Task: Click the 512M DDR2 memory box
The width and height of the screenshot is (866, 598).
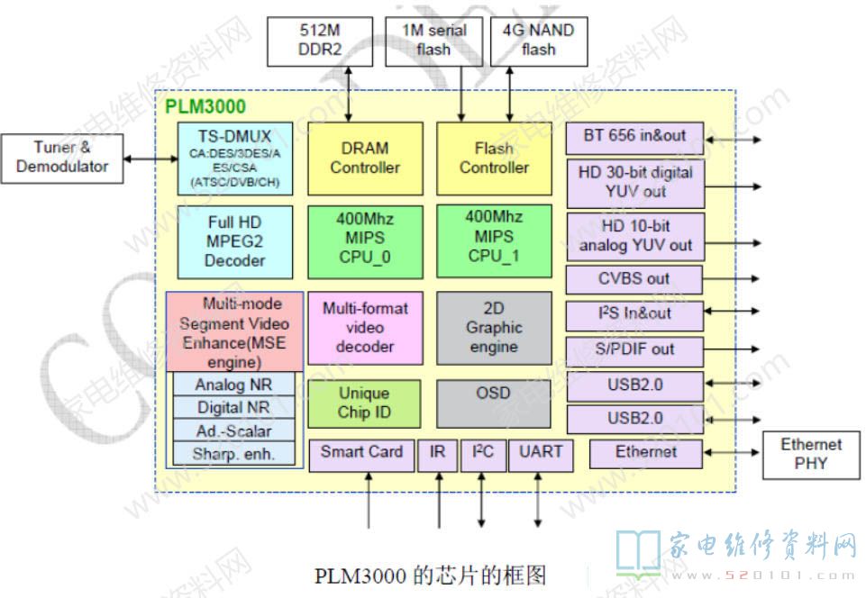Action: click(x=306, y=41)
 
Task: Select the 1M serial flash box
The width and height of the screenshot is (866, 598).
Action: click(x=433, y=41)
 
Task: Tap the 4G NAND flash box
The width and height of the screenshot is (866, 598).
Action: click(x=538, y=41)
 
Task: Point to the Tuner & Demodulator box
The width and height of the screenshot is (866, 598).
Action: click(x=61, y=157)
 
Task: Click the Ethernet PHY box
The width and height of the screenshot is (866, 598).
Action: click(x=810, y=454)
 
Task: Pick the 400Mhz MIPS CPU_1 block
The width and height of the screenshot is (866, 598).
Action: click(x=493, y=238)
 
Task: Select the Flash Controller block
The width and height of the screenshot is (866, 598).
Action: click(x=493, y=158)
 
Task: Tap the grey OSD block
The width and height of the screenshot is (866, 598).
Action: click(x=493, y=403)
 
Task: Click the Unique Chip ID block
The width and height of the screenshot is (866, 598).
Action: click(x=364, y=403)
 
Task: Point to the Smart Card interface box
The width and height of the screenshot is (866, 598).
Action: click(x=361, y=453)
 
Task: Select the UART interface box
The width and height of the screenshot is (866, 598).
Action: click(x=540, y=453)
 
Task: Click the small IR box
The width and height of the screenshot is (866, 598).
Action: click(x=438, y=453)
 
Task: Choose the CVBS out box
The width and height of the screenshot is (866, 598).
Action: click(x=634, y=279)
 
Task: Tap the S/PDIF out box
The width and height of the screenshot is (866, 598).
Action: click(x=634, y=349)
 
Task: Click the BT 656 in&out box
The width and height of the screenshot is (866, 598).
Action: click(x=634, y=137)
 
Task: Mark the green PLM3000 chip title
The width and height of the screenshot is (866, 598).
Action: click(x=205, y=107)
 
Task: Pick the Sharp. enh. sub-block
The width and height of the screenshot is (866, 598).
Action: click(x=233, y=453)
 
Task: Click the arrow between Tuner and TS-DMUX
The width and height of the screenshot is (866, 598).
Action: click(x=150, y=159)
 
